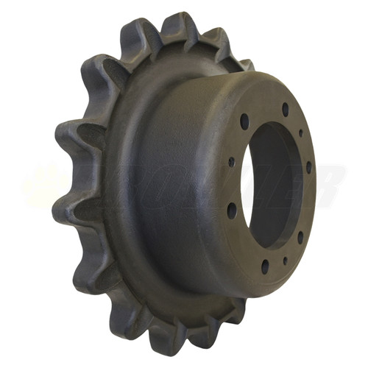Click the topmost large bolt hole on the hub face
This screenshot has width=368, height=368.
(285, 109)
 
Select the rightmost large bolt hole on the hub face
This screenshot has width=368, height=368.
(308, 166)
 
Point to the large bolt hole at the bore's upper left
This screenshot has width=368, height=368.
(244, 121)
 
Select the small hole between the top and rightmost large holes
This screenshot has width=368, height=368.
(301, 133)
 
